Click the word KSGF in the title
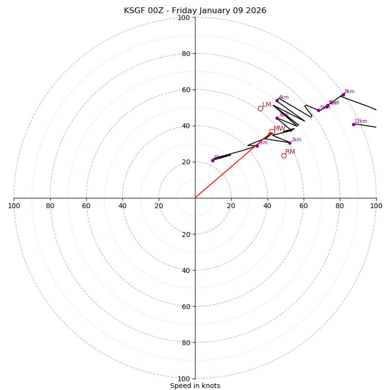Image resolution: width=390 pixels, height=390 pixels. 134,11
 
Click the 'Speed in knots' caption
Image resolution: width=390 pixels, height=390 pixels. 195,386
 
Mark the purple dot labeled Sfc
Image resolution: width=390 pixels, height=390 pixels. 213,160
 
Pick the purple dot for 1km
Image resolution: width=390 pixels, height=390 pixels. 257,146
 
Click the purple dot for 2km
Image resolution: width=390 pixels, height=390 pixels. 290,143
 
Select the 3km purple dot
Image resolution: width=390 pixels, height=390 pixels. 277,118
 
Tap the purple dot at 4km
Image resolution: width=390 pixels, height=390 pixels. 277,100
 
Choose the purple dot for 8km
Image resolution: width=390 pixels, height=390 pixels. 343,95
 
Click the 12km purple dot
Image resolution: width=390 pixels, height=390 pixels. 354,124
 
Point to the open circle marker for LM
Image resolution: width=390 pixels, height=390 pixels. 260,108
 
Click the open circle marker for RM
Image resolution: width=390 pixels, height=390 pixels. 284,156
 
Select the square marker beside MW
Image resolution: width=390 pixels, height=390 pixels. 272,132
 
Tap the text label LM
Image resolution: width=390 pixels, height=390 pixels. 267,105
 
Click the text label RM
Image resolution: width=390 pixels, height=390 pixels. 290,152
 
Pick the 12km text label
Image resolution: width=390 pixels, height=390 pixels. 361,121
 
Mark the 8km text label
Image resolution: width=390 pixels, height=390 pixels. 350,92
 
